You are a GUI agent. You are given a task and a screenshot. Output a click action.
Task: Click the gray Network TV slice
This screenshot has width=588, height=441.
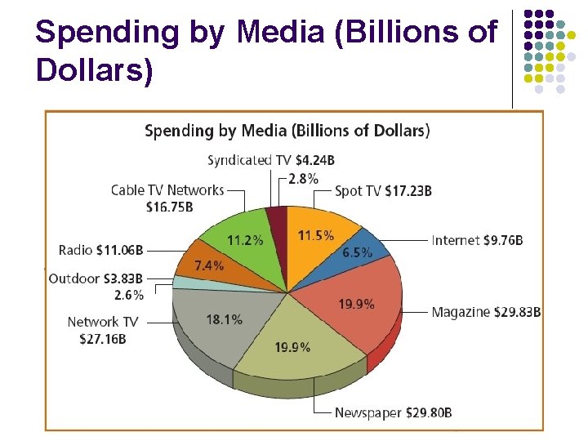[x=216, y=323]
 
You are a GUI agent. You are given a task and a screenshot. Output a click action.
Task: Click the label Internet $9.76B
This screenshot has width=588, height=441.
[x=477, y=240]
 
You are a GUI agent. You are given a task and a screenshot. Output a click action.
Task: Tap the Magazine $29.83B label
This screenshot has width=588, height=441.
[x=486, y=312]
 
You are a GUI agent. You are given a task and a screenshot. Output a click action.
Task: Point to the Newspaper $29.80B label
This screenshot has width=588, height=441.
[x=393, y=413]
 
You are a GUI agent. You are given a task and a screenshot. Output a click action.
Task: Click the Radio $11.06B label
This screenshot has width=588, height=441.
[x=100, y=249]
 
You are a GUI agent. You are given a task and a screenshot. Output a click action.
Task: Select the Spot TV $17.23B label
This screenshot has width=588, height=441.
[x=383, y=191]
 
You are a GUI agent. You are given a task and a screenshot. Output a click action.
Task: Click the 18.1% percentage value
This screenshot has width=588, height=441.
[x=225, y=319]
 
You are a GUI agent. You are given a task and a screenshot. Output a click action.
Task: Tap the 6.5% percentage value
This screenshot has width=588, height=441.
[x=358, y=252]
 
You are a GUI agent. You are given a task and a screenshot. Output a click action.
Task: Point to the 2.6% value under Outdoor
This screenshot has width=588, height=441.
[x=128, y=294]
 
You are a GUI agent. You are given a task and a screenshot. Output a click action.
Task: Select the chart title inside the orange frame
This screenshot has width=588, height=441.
[x=287, y=131]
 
